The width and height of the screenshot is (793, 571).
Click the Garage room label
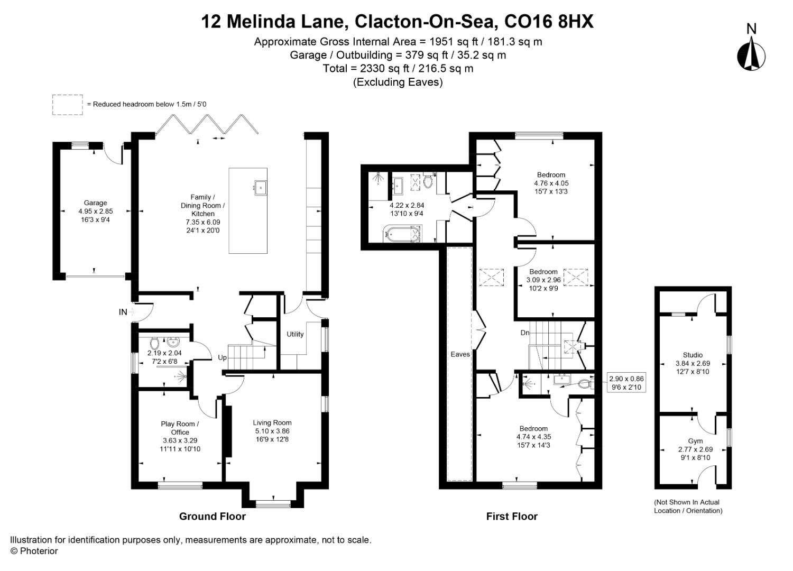click(95, 202)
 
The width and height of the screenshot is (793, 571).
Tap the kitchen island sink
click(260, 187)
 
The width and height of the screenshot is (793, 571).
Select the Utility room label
click(295, 334)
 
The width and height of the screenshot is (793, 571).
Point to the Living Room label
click(272, 422)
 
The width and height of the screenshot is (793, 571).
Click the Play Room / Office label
click(180, 428)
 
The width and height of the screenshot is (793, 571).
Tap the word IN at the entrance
click(123, 312)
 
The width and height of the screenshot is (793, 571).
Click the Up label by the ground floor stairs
click(223, 358)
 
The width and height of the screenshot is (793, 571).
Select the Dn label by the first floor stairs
click(525, 333)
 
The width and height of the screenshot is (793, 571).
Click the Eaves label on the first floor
click(460, 354)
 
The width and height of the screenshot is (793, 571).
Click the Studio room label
click(693, 355)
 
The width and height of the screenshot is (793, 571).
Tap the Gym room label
click(695, 441)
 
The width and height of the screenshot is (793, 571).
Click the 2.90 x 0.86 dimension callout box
click(626, 383)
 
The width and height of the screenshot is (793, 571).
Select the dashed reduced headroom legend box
click(67, 105)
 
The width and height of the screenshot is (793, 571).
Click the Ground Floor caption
click(212, 517)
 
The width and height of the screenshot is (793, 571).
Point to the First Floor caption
click(512, 517)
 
